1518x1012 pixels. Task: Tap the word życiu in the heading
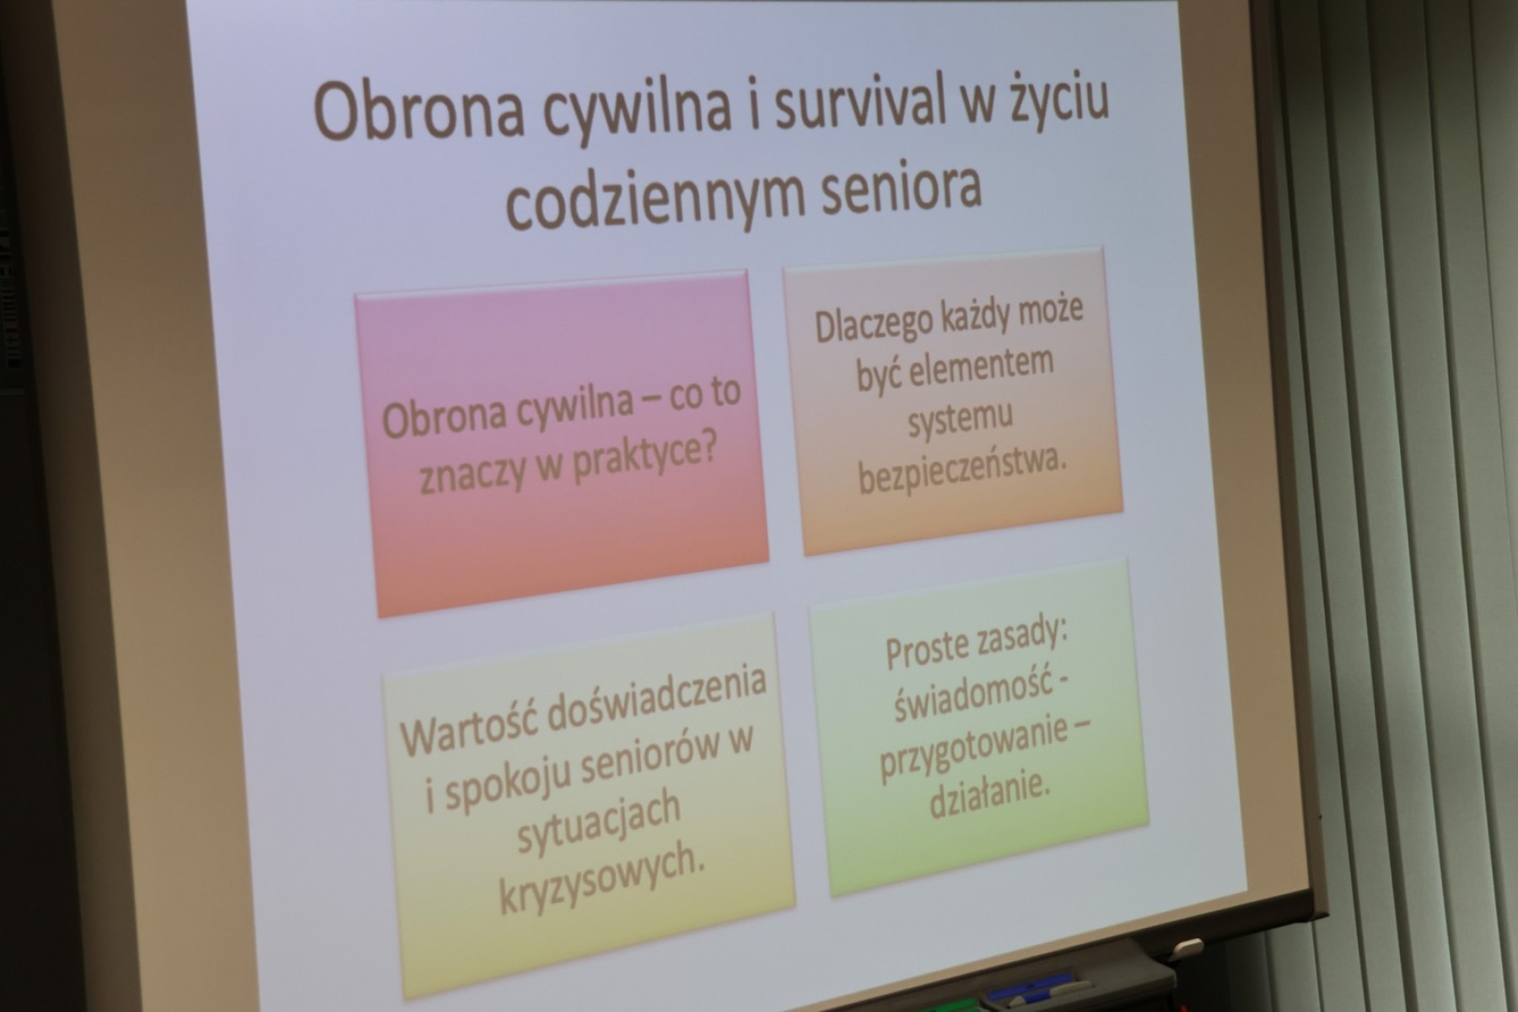[x=1056, y=110]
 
